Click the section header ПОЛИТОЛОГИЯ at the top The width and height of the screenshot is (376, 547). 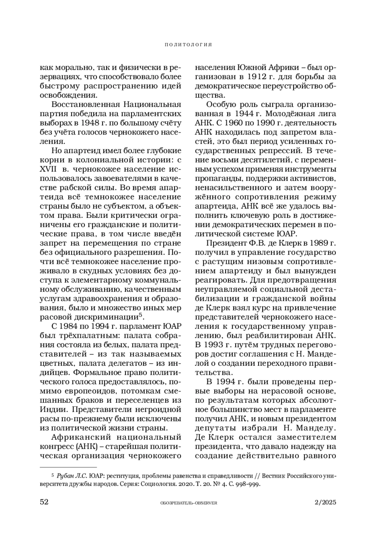tap(188, 45)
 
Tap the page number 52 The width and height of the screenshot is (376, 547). tap(44, 502)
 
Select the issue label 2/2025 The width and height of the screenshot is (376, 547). tap(325, 502)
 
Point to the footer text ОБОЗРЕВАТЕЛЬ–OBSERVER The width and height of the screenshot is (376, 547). tap(189, 503)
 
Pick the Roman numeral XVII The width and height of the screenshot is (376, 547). tap(48, 169)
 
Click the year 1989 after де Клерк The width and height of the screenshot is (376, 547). tap(317, 243)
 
